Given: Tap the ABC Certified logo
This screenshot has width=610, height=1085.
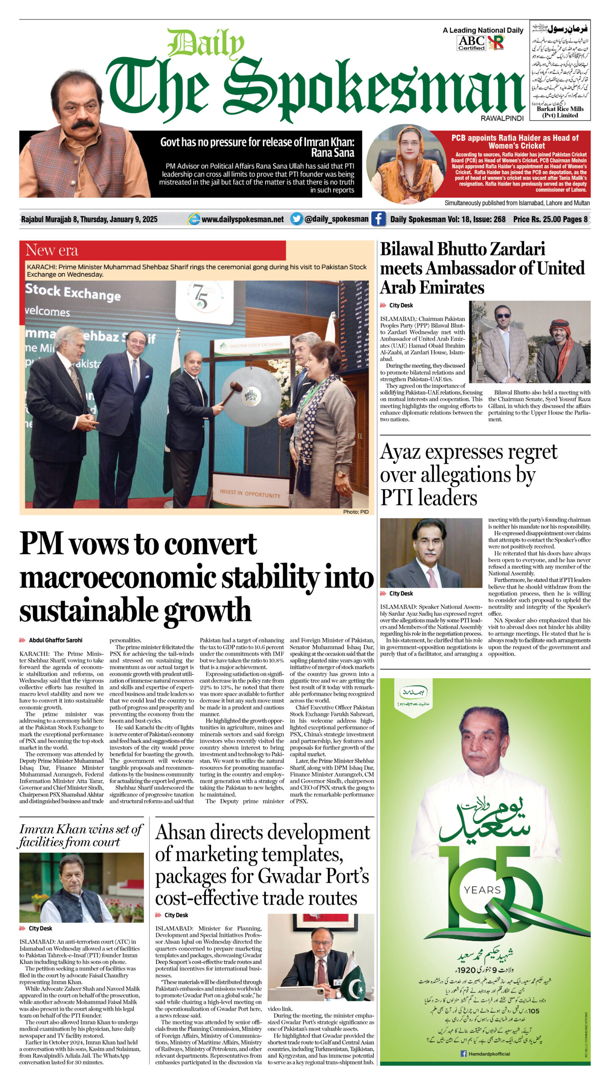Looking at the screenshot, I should (x=471, y=43).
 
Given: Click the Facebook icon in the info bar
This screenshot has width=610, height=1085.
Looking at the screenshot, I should (x=378, y=219).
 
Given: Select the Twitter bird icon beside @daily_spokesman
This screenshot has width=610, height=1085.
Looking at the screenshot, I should (x=297, y=219).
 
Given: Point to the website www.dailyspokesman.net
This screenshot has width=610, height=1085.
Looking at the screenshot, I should (x=242, y=219).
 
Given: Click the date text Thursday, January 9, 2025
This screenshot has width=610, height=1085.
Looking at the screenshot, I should (x=119, y=219).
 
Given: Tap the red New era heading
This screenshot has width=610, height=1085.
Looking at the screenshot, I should (x=52, y=250).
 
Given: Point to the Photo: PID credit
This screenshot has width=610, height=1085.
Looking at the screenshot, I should (x=355, y=512).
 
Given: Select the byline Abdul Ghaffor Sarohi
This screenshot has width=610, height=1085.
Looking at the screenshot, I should (x=55, y=640).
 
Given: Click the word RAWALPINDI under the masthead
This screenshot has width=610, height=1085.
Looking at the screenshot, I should (x=502, y=119).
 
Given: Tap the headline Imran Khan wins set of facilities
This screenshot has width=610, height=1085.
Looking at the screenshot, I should (x=80, y=835).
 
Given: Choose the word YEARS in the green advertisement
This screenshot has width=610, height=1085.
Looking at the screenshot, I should (x=482, y=890).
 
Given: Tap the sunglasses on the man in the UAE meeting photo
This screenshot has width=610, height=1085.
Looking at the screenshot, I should (x=502, y=316).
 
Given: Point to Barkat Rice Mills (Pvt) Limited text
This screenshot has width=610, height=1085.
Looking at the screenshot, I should (x=560, y=112).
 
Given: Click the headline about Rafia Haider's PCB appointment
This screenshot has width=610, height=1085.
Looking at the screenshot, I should (x=515, y=142).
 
